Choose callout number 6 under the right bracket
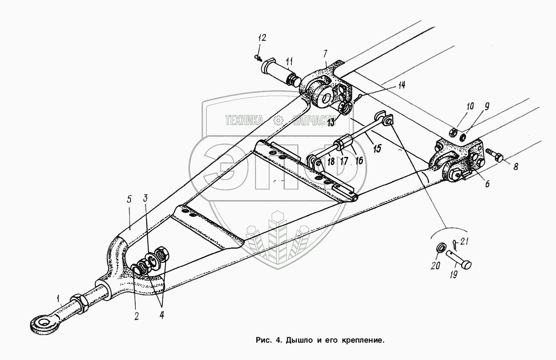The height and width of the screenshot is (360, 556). click(x=487, y=183)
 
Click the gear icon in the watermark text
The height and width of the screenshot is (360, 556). click(x=278, y=120)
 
